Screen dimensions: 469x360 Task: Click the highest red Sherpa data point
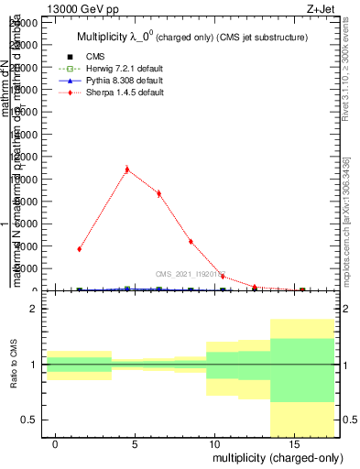126,169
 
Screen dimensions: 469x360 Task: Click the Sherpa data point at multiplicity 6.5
158,193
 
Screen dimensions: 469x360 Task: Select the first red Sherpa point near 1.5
80,248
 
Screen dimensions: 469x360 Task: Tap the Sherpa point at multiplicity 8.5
191,242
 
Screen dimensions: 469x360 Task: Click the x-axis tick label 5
135,443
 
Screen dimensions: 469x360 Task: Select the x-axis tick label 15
292,443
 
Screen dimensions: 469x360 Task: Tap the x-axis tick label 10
213,443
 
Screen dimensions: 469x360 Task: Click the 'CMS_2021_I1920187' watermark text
190,273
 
